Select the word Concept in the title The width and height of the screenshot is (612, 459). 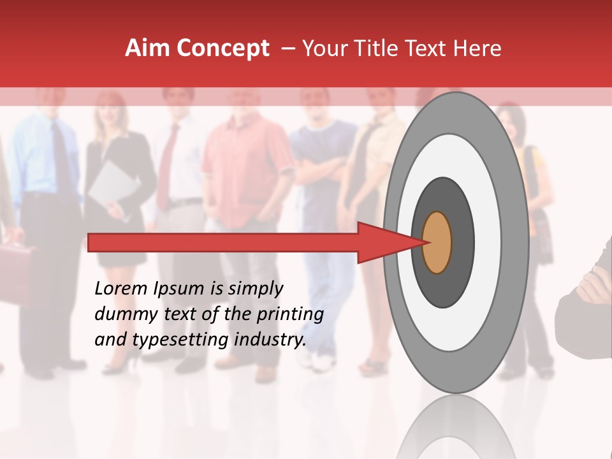[x=222, y=48]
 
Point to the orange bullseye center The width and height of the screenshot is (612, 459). [x=437, y=243]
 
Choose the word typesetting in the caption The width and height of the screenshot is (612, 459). [x=175, y=340]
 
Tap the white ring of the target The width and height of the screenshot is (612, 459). [x=488, y=243]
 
